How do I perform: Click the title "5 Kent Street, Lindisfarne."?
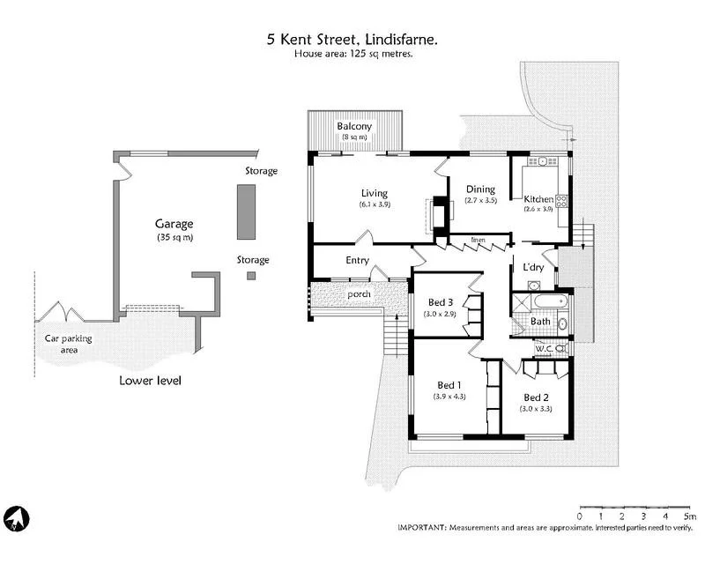(353, 39)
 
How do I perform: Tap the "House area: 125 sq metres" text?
(353, 54)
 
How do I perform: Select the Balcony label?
(354, 126)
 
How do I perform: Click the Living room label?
(374, 193)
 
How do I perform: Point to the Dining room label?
(480, 189)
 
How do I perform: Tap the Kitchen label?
(538, 199)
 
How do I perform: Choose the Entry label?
(357, 260)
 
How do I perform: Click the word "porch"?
(359, 293)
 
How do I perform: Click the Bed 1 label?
(449, 385)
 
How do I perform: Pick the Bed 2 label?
(536, 397)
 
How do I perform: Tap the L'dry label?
(533, 267)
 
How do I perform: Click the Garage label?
(174, 224)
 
